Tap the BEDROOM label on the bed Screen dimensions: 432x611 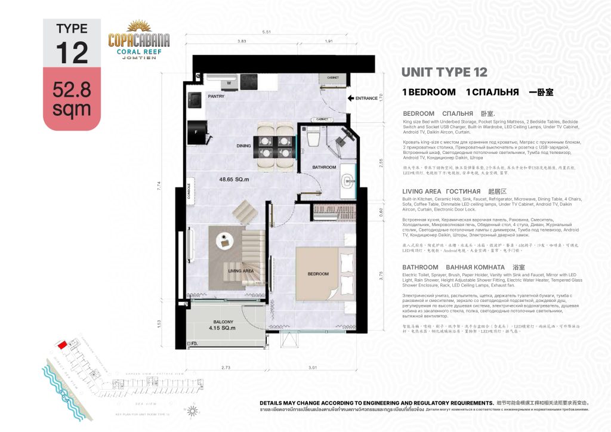[x=318, y=274]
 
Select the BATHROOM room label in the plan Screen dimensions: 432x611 [x=324, y=167]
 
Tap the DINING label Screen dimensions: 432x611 [x=243, y=145]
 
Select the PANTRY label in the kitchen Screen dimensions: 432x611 [x=215, y=95]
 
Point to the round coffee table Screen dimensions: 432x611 [x=225, y=236]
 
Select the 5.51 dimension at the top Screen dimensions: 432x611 [x=275, y=31]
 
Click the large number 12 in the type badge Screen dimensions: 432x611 [x=72, y=52]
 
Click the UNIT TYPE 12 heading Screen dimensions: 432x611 [x=444, y=72]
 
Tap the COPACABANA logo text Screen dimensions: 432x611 [x=139, y=40]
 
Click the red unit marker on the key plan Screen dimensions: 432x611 [x=61, y=345]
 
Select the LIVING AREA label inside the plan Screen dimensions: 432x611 [x=241, y=270]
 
